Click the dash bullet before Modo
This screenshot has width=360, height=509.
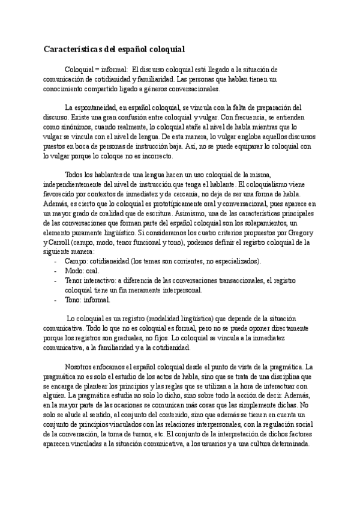[55, 271]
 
